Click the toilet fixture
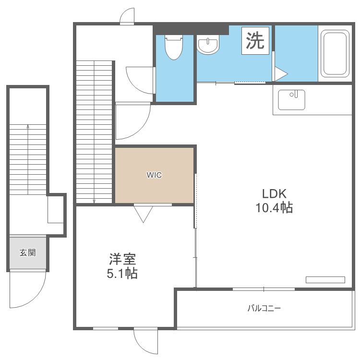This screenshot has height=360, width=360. (174, 47)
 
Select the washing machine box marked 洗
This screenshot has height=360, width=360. (255, 41)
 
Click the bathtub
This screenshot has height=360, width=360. (335, 53)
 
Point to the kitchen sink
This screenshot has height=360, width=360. (291, 100)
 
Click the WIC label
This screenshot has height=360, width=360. (154, 175)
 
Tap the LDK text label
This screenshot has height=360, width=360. (274, 194)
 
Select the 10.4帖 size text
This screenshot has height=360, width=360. (274, 207)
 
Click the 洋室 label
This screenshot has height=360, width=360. (122, 259)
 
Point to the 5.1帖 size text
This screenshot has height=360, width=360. (122, 273)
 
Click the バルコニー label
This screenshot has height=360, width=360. (264, 308)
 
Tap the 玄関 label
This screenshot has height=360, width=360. (27, 252)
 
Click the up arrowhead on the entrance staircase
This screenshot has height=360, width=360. (28, 126)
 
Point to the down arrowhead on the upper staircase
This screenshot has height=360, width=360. (94, 201)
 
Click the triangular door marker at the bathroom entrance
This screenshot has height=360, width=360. (281, 74)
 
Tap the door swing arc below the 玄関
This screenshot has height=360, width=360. (35, 299)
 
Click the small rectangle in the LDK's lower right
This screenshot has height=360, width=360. (325, 280)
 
